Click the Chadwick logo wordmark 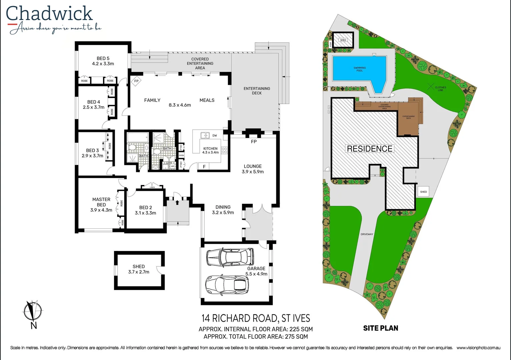[49, 14]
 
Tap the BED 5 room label [103, 58]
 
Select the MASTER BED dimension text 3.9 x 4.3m [101, 210]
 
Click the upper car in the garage [230, 257]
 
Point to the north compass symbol [33, 311]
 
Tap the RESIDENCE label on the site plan [370, 149]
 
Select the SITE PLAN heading [381, 328]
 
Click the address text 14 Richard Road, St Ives [256, 318]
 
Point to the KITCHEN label [210, 149]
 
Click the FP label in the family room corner [136, 81]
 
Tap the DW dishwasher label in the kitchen [215, 136]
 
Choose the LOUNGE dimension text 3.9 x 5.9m [253, 172]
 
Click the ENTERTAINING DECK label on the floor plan [257, 91]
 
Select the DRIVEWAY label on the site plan [367, 234]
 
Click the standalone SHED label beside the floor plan [139, 266]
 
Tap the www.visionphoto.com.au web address [478, 348]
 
